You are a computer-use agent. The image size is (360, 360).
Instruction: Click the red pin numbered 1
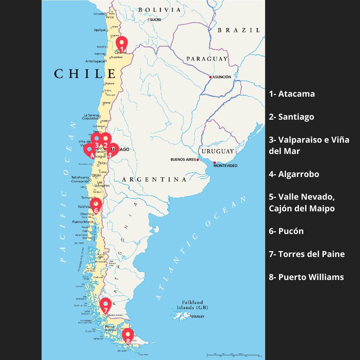coord(122,44)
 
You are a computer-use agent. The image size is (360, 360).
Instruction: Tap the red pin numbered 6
coord(96,205)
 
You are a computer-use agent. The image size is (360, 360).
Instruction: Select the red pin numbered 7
coord(106,305)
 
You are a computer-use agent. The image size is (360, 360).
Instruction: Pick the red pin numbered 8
coord(128,336)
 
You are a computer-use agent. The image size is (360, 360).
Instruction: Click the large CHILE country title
coord(85,74)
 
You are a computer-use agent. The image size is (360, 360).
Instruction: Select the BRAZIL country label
coord(239,30)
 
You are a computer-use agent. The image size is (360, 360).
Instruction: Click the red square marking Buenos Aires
coord(198,160)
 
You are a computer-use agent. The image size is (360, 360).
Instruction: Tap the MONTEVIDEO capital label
coord(226,166)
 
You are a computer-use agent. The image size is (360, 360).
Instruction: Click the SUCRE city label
coord(155,20)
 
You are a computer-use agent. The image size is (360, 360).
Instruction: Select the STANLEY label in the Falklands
coord(198,317)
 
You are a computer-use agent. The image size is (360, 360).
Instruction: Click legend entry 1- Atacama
coord(292,94)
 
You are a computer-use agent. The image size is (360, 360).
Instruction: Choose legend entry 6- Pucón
coord(286,231)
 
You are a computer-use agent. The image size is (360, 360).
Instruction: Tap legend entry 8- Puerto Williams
coord(306,277)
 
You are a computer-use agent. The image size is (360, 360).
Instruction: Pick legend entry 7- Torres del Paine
coord(307,254)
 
